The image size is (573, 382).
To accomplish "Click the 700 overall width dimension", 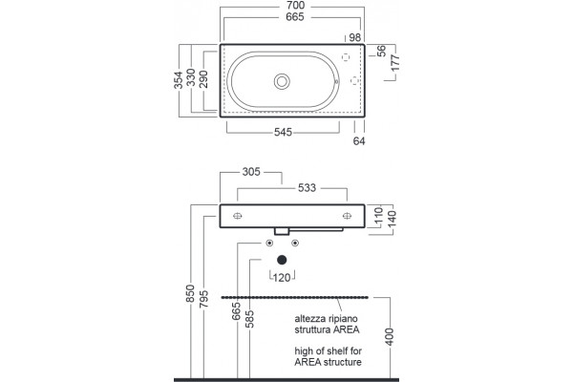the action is [295, 6].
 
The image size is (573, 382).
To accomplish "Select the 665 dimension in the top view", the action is [295, 17].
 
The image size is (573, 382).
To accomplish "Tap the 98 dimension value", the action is [355, 37].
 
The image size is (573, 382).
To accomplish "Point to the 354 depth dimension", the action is [178, 80].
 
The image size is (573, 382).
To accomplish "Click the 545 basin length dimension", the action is [284, 132].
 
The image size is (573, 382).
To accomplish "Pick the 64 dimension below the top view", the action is [359, 140].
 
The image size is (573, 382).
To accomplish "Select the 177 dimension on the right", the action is [395, 63].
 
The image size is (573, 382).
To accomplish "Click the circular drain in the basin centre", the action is [282, 81].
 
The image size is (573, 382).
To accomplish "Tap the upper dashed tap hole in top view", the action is [346, 57].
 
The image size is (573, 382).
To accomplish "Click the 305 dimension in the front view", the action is [251, 172].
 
